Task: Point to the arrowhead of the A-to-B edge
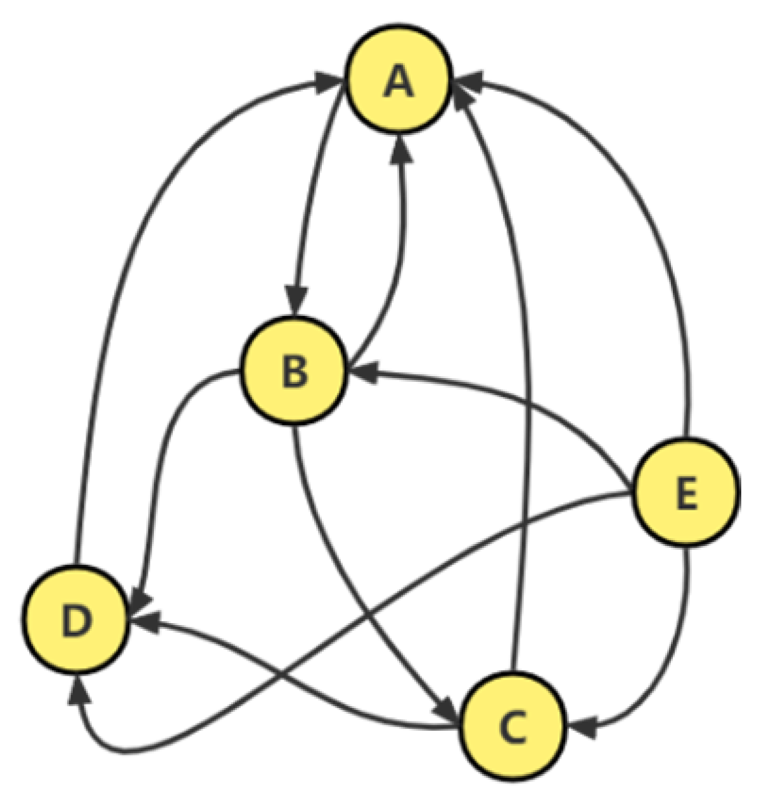tap(295, 300)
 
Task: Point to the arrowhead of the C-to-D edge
tap(143, 622)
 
